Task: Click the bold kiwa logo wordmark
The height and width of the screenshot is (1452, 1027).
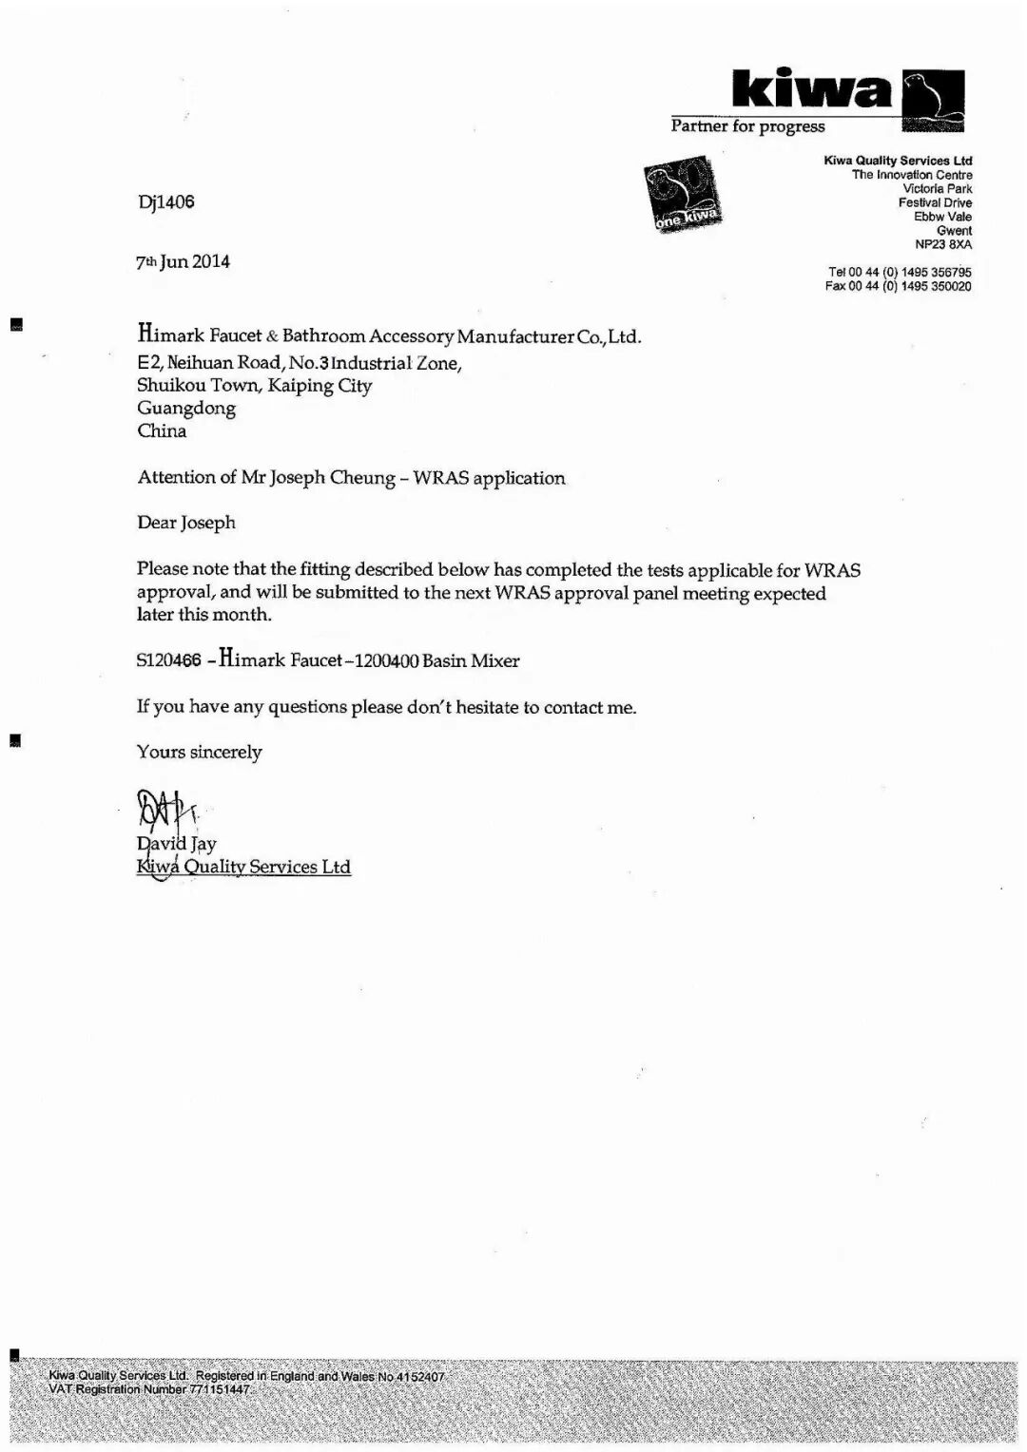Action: tap(813, 91)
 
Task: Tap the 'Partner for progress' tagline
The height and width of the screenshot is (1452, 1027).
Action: tap(747, 126)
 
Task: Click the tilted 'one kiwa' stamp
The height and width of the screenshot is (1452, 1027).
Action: tap(682, 196)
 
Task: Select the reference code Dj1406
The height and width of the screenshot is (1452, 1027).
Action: tap(165, 201)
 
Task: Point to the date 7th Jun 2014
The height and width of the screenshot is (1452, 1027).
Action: tap(183, 261)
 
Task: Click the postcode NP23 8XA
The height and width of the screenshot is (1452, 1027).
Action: tap(943, 244)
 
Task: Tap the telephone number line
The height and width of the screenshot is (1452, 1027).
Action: tap(900, 272)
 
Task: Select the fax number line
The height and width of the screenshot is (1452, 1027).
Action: tap(899, 286)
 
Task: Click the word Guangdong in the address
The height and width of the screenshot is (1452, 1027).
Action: tap(186, 408)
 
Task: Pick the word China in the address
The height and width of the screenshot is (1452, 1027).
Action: tap(162, 430)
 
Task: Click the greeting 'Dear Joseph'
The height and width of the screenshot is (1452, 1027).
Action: tap(186, 523)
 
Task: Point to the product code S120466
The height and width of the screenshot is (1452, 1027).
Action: tap(168, 660)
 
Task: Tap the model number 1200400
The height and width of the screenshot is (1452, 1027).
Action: tap(386, 660)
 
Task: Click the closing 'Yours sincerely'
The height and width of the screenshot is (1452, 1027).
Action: tap(199, 752)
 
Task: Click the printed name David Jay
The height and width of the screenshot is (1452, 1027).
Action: tap(177, 844)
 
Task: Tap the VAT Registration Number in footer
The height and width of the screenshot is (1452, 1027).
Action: tap(149, 1389)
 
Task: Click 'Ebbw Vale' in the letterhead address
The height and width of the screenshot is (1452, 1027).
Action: tap(942, 217)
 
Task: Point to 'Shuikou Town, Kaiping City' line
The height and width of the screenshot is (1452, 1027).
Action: tap(254, 385)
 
